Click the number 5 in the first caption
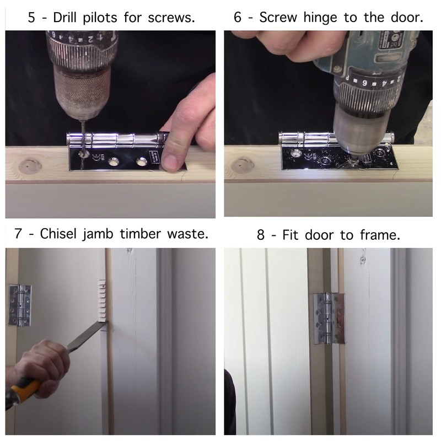pos(31,18)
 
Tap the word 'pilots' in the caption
pos(100,18)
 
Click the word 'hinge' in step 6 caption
pos(320,18)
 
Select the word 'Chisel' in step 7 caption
pos(58,234)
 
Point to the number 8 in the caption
pos(261,235)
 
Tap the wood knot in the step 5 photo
pos(30,166)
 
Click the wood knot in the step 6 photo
pos(243,166)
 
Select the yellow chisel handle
pos(24,391)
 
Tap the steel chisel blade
pos(87,336)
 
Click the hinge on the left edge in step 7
pos(20,305)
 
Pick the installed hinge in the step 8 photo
pos(329,318)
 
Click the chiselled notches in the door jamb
pos(102,300)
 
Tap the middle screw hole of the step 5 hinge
pos(114,162)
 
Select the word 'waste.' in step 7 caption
pos(188,234)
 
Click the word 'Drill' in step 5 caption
pos(64,18)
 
